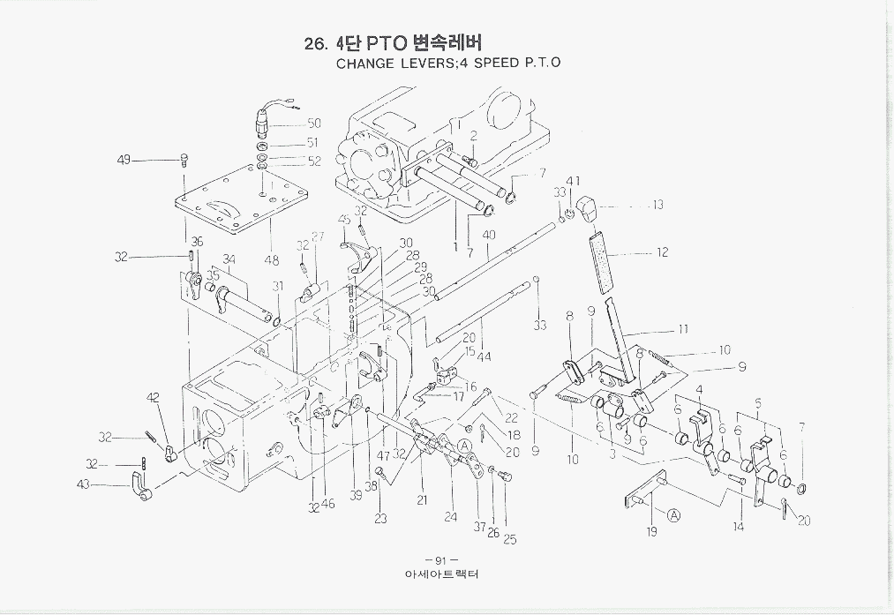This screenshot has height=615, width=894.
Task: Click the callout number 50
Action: (313, 124)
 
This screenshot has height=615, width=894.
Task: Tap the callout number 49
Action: (124, 160)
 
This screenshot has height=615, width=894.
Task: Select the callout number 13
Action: (657, 206)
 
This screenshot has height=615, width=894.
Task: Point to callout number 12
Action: (662, 252)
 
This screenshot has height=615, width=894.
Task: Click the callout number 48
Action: (272, 260)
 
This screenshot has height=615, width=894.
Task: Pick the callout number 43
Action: (84, 484)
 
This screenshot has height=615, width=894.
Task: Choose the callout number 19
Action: (651, 531)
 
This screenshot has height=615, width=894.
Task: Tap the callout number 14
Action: (738, 527)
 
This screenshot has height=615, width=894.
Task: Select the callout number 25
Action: (510, 539)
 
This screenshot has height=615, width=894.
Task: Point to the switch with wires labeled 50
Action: (266, 118)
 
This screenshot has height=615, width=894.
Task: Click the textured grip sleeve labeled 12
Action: (604, 260)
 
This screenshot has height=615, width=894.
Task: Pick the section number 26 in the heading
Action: (315, 44)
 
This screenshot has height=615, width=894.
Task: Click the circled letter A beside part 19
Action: (673, 515)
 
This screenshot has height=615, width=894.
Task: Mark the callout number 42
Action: (154, 398)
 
